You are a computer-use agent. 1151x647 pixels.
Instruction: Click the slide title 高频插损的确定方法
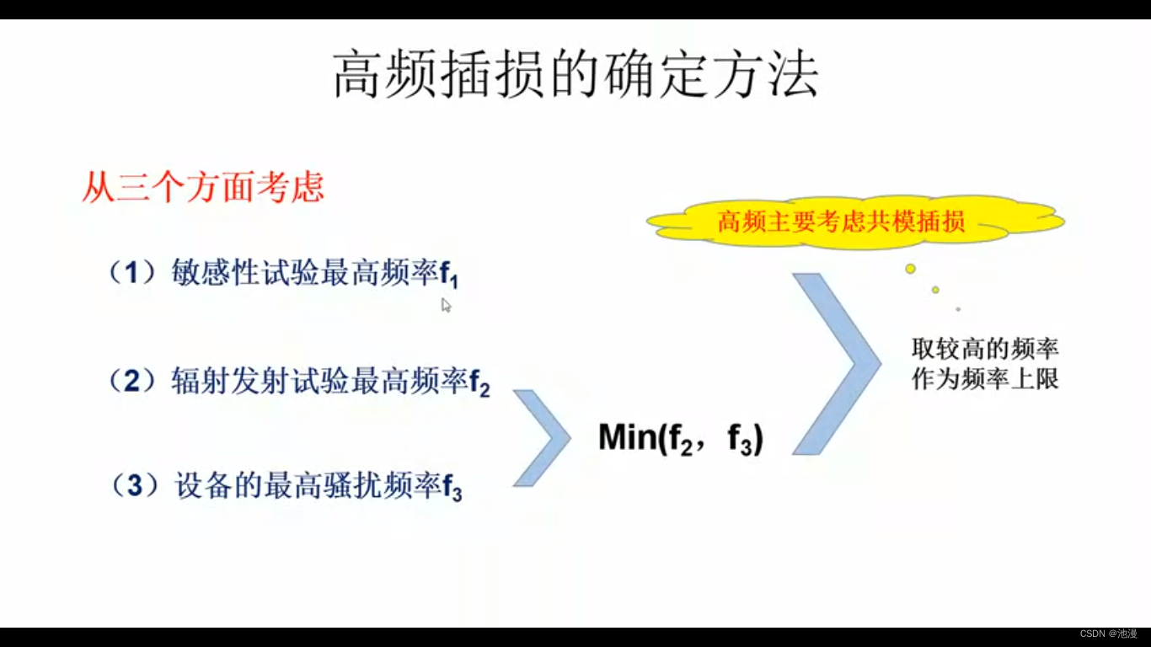tap(575, 75)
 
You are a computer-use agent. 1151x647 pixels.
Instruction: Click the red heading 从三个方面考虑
tap(203, 187)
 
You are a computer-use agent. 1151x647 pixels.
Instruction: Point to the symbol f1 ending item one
tap(449, 277)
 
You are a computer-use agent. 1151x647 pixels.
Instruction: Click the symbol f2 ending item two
tap(479, 385)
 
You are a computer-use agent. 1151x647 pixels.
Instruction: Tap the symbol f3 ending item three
tap(452, 489)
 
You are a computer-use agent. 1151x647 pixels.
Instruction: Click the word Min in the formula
tap(627, 438)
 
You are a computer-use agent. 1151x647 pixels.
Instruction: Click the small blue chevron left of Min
tap(541, 438)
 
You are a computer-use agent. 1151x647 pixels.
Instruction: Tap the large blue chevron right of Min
tap(835, 364)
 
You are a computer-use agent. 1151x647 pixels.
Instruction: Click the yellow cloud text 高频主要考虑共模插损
tap(841, 222)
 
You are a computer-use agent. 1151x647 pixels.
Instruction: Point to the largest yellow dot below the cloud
tap(910, 269)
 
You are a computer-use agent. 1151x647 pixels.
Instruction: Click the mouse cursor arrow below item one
tap(446, 305)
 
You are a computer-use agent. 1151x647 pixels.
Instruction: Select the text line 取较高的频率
tap(985, 349)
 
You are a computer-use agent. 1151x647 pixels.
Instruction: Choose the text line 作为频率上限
tap(985, 379)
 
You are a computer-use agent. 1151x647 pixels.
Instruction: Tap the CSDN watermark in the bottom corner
tap(1108, 634)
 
